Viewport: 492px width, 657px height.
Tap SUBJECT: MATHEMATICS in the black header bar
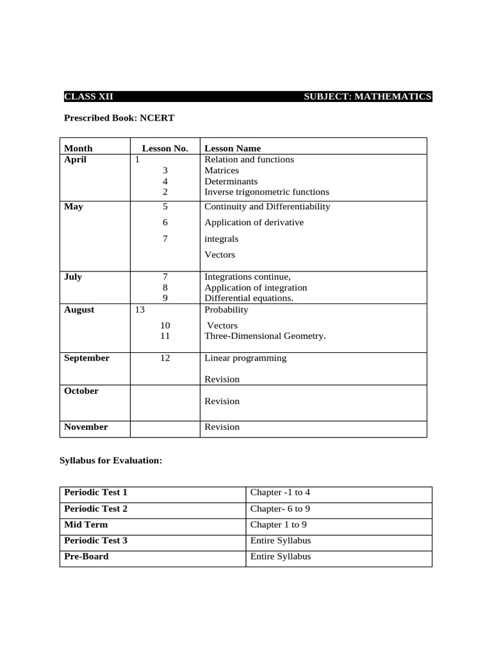pos(367,97)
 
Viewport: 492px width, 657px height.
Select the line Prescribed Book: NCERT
pos(119,118)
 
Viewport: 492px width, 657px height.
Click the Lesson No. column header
pos(165,148)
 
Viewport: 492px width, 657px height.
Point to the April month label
pos(75,160)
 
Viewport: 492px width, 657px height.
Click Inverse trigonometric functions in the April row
pos(266,192)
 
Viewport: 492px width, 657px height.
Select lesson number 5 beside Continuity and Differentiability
pos(165,207)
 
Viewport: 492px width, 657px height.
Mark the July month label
pos(73,277)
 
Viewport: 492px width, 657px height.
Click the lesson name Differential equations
pos(249,298)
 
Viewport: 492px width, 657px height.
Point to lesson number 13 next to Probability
pos(140,310)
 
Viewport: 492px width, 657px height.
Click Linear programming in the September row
pos(245,358)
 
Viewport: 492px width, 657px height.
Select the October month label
pos(81,391)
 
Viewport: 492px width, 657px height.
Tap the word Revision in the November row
pos(222,427)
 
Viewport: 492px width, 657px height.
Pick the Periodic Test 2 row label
pos(95,509)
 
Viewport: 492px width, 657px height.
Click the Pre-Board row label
pos(86,556)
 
